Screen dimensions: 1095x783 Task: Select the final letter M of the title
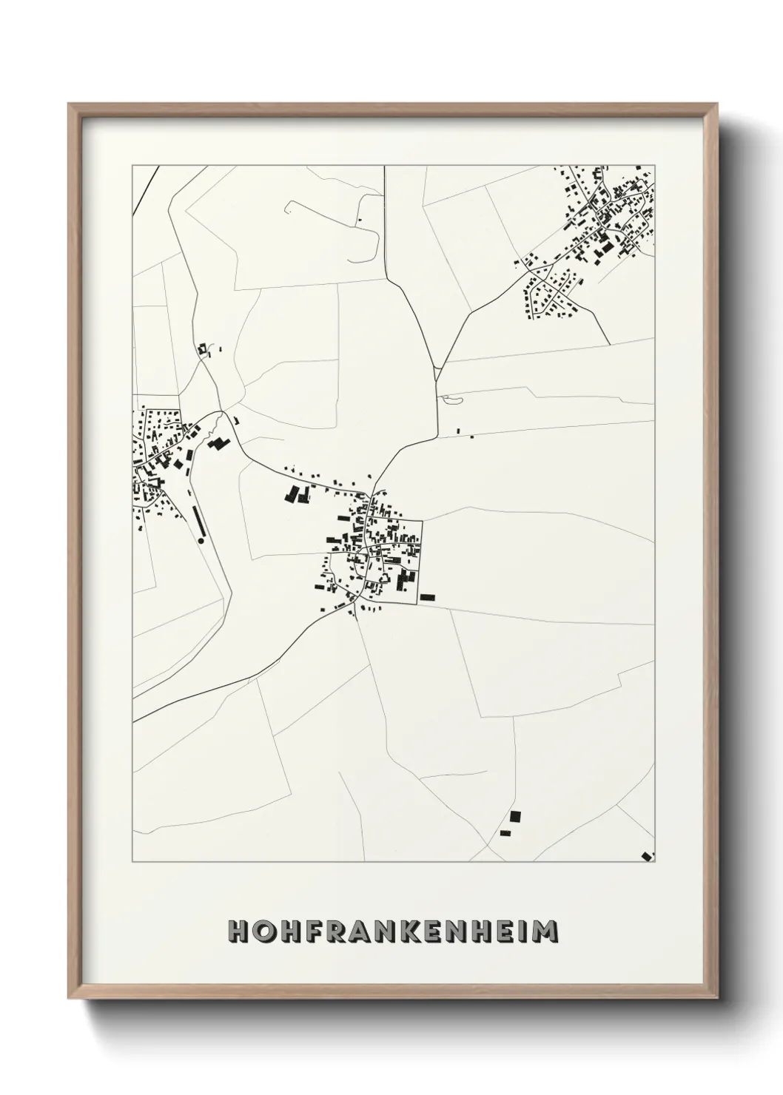(x=546, y=931)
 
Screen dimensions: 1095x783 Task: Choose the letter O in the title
(x=263, y=931)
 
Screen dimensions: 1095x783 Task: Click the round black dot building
(x=201, y=542)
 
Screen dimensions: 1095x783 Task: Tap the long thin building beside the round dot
(x=198, y=522)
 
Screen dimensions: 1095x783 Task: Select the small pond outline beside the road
(x=450, y=400)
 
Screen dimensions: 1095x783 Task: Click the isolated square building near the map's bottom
(x=515, y=817)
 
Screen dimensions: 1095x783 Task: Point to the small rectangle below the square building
(x=506, y=834)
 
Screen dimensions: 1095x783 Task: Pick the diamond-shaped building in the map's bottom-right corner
(x=647, y=856)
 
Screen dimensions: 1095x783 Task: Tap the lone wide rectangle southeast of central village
(x=427, y=596)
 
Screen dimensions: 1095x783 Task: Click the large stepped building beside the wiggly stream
(x=219, y=443)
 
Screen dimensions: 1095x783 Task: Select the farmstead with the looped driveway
(x=205, y=348)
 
